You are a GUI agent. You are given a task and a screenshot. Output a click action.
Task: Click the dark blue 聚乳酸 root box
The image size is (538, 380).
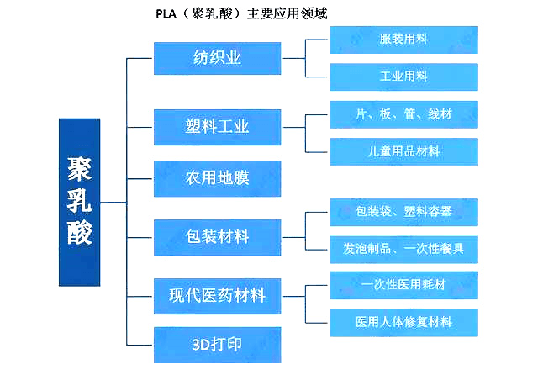point(79,202)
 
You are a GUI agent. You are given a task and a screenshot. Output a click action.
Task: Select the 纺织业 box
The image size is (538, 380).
point(217,58)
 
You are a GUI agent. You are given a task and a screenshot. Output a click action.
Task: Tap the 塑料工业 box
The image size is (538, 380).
point(217,127)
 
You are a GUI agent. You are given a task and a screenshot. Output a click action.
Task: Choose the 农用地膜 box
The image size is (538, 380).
point(217,177)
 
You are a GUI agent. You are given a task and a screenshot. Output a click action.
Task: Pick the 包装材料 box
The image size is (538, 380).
point(217,236)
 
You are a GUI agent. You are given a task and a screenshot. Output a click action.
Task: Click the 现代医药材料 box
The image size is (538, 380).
point(217,295)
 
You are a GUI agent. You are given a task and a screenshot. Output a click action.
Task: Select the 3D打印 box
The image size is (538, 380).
point(217,345)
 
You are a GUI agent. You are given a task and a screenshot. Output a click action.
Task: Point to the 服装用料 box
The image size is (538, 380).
point(403,40)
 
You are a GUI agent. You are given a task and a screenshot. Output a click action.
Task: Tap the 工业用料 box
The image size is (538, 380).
point(403,77)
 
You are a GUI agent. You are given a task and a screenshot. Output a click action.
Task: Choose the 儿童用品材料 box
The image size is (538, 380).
point(403,151)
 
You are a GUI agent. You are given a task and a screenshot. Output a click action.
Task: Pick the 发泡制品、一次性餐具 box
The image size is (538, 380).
point(403,249)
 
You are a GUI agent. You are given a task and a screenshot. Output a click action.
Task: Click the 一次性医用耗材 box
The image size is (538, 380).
point(403,285)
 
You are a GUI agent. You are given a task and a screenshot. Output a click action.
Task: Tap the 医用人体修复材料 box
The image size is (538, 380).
point(403,322)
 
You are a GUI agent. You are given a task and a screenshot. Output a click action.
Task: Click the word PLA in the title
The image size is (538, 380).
point(166,13)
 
